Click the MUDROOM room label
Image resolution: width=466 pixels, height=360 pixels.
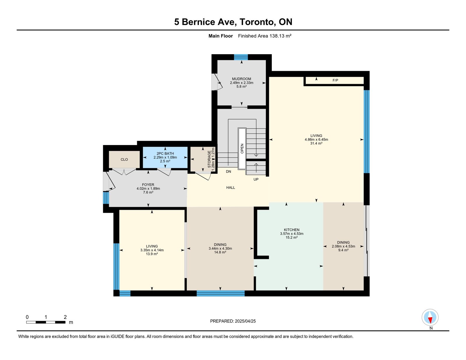click(241, 79)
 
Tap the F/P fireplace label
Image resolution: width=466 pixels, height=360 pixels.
click(335, 80)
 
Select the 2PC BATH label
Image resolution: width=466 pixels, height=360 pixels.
click(165, 153)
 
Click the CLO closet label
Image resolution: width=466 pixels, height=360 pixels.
click(124, 160)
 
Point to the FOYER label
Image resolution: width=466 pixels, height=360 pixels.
click(148, 185)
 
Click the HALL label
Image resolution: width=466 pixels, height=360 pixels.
click(231, 188)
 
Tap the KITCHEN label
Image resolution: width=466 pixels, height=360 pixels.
click(292, 230)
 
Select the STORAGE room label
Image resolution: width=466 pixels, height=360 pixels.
click(209, 159)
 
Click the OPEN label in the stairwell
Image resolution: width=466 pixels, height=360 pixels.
click(242, 149)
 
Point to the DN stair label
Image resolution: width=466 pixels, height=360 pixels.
click(228, 172)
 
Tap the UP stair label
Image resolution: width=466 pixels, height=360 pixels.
click(256, 179)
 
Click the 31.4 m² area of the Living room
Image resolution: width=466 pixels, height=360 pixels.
click(316, 143)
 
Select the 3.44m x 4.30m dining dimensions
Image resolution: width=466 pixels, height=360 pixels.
click(220, 248)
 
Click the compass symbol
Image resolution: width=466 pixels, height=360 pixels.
click(430, 317)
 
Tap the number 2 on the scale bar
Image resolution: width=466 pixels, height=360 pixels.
click(65, 317)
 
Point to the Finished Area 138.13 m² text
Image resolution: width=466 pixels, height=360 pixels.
click(265, 36)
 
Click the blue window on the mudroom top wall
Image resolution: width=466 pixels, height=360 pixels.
click(241, 57)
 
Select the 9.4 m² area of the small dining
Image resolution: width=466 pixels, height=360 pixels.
click(343, 250)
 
